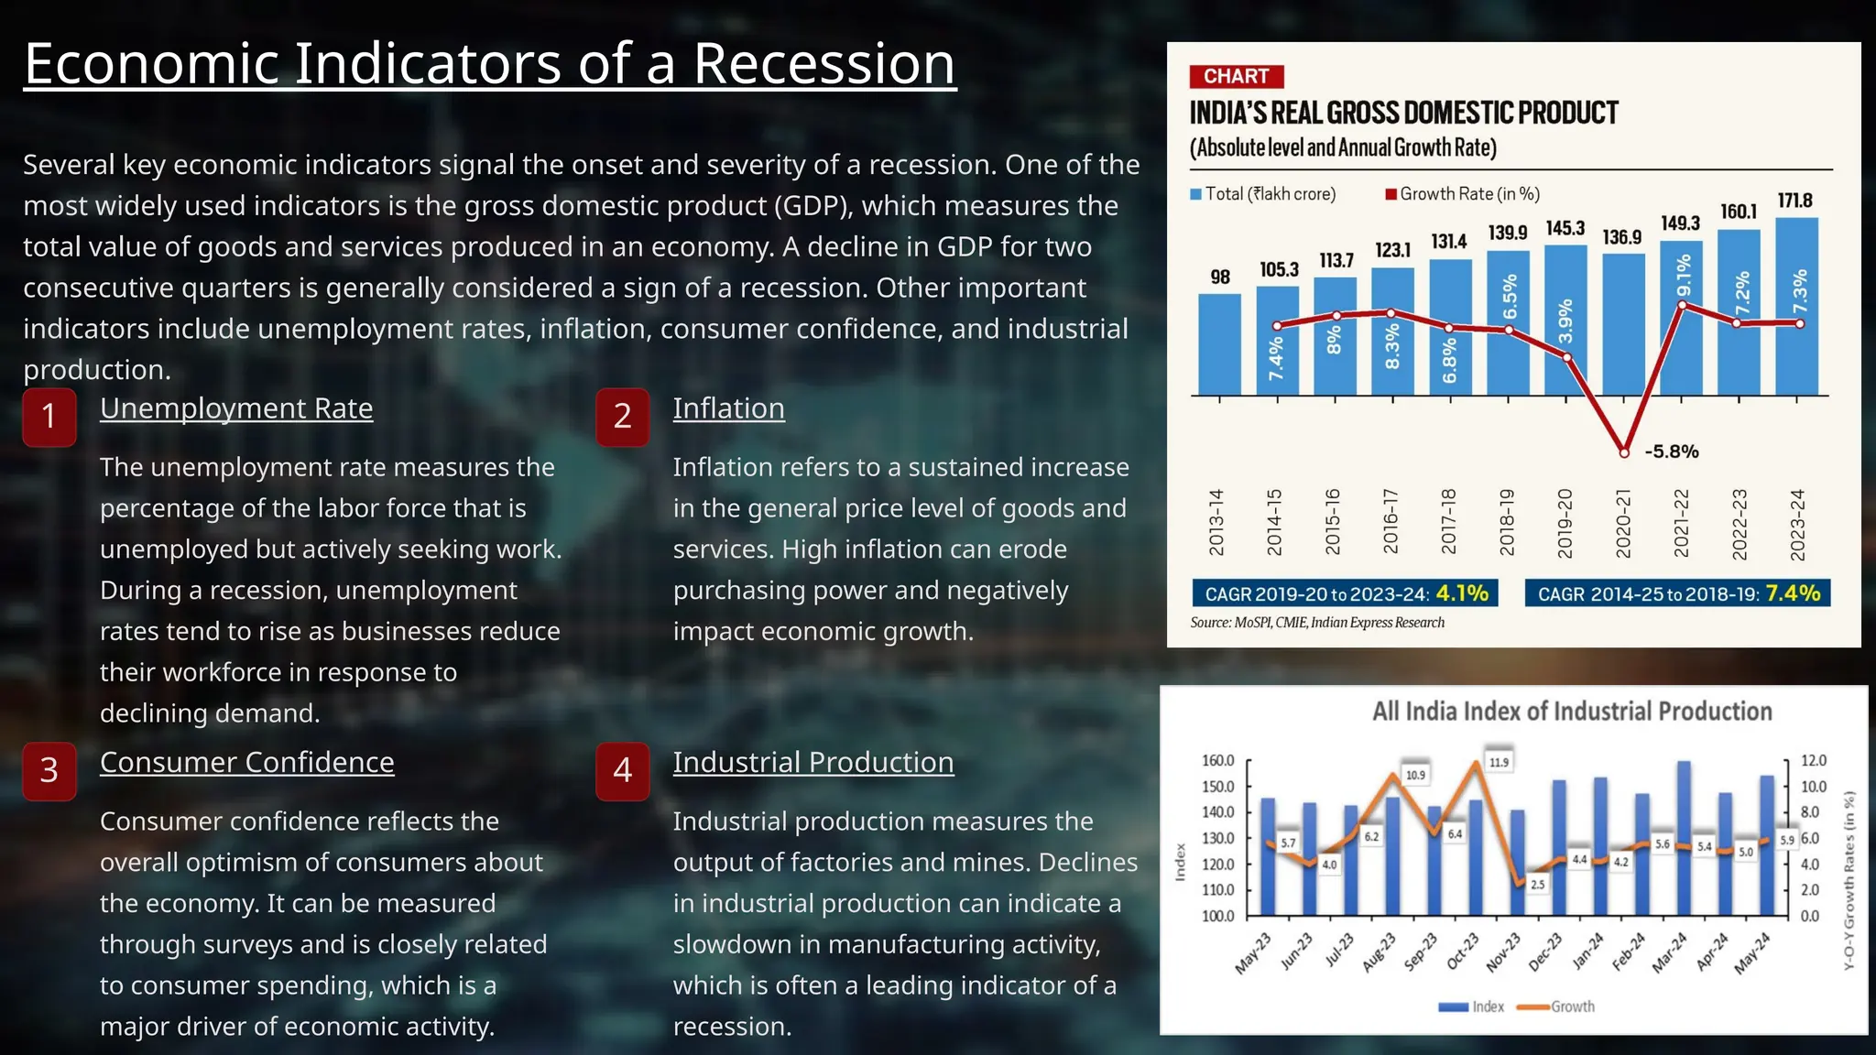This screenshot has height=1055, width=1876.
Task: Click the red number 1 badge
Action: (49, 417)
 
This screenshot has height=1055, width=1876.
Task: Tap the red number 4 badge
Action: (623, 771)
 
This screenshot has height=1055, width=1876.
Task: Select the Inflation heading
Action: (728, 408)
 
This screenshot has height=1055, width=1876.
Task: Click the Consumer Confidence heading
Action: (246, 762)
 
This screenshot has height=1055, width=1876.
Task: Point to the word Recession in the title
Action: (823, 64)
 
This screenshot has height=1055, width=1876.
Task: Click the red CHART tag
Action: (1236, 76)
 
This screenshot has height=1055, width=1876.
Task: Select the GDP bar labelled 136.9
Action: (1622, 325)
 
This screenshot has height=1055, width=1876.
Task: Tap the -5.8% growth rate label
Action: (1672, 451)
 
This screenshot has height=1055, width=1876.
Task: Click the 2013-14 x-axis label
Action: (1216, 522)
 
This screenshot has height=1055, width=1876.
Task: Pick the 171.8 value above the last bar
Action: (1794, 201)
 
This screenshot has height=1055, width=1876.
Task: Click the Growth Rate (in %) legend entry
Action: (1463, 194)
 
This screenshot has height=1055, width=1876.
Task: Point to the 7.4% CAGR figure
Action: (1793, 593)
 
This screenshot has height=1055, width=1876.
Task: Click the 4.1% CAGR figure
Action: (1462, 593)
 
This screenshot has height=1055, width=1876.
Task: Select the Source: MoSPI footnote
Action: (1316, 623)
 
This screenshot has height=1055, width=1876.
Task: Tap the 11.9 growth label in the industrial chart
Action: (1499, 762)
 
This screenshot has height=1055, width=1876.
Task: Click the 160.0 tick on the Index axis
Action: (1217, 761)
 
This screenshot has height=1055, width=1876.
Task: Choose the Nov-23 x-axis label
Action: (1503, 952)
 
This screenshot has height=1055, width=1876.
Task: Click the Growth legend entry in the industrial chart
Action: (1556, 1006)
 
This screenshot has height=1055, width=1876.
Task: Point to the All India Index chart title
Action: (1571, 712)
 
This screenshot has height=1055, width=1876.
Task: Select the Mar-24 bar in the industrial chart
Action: (1684, 838)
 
